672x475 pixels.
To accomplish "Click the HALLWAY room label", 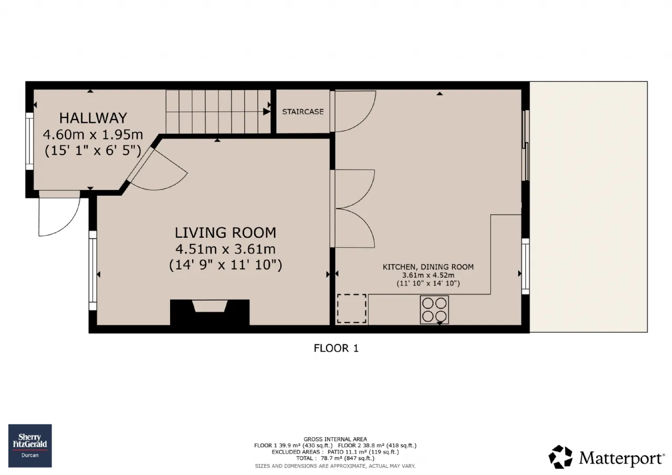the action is [93, 118].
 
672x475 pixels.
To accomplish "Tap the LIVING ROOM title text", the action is [225, 233].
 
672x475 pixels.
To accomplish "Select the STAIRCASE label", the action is [303, 112].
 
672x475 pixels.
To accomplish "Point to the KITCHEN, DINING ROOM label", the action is [428, 267].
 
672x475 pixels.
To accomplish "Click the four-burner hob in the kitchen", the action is [434, 310].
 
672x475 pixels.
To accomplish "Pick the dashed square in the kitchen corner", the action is [352, 308].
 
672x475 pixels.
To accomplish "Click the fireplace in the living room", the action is [209, 312].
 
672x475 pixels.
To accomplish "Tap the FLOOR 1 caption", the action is [336, 348].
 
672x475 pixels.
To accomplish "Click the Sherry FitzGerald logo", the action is [30, 446].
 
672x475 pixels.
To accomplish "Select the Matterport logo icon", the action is [560, 457].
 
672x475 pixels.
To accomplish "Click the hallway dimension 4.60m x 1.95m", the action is [93, 135].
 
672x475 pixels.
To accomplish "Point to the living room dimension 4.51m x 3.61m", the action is [225, 249].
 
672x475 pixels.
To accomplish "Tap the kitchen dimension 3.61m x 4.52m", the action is [428, 275].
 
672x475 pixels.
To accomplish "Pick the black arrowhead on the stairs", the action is [266, 112].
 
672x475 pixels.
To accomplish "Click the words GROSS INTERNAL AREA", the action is [335, 439].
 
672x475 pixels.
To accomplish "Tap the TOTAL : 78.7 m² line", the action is [335, 458].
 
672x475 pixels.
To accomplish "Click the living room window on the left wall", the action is [93, 270].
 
